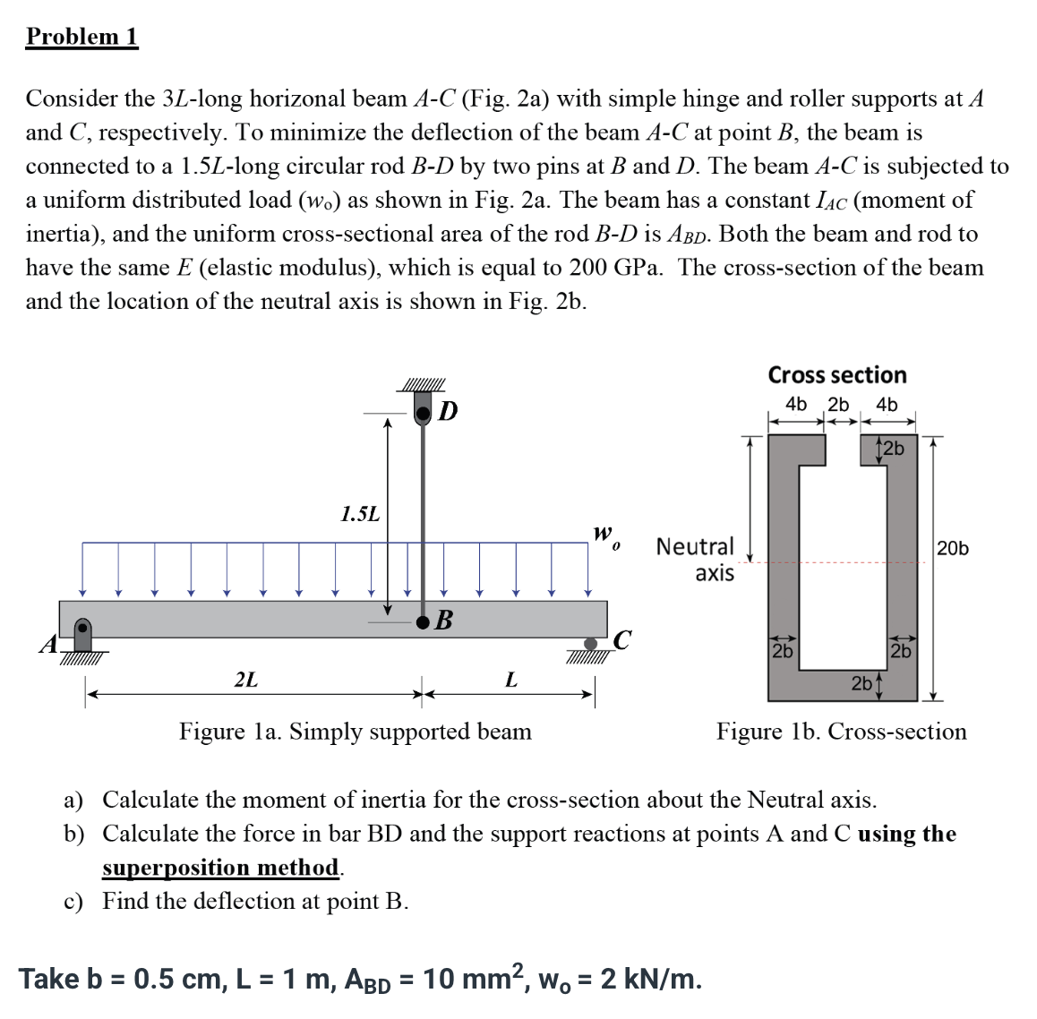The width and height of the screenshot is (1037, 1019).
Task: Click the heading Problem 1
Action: [81, 37]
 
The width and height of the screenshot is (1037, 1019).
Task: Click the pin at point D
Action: [424, 412]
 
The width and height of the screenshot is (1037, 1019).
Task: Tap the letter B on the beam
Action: [443, 620]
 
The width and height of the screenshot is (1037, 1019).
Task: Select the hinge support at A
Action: [82, 635]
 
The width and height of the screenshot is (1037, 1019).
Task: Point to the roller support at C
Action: [590, 644]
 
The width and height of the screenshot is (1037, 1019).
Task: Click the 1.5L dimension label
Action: [360, 514]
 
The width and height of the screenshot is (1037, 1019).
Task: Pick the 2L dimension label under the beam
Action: [246, 680]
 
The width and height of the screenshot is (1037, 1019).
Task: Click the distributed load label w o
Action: [605, 537]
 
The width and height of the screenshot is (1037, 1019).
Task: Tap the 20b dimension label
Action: [952, 548]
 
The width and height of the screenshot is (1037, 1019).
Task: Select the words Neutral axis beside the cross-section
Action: [696, 559]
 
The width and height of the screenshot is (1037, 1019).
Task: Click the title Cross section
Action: [837, 375]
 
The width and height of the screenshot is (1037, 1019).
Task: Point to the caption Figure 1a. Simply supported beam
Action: [356, 732]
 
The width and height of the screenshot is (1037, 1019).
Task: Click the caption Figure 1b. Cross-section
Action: [841, 732]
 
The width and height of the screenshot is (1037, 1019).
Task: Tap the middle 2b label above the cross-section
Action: [838, 405]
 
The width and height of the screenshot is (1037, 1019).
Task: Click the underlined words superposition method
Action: [220, 868]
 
